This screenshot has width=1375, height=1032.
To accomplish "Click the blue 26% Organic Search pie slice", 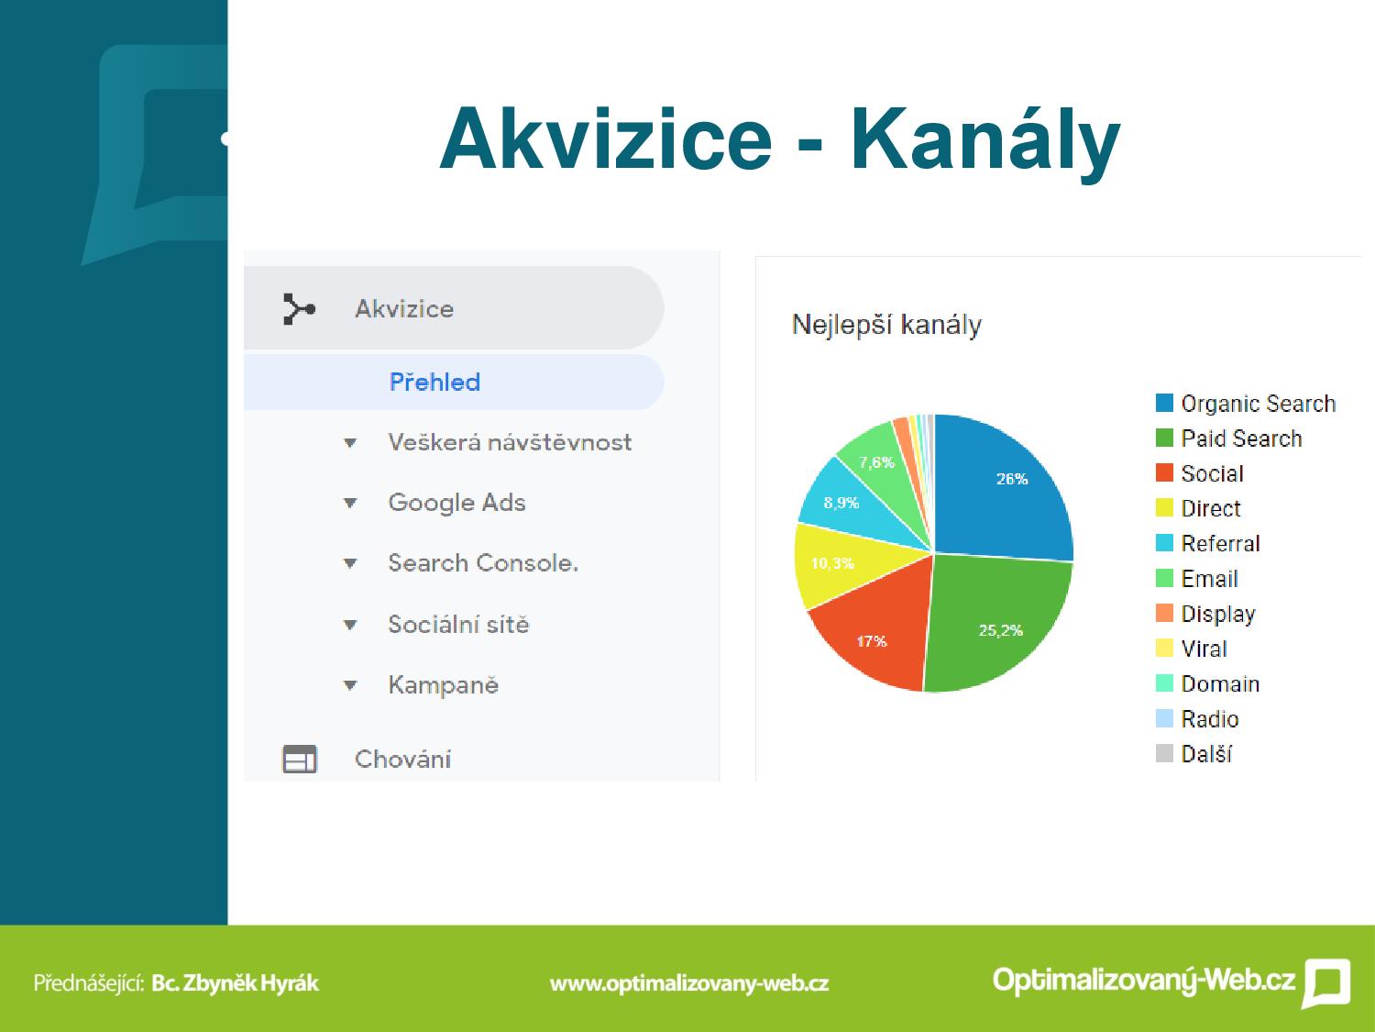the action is coord(1002,489).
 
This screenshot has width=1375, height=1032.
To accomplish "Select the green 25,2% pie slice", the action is coord(996,620).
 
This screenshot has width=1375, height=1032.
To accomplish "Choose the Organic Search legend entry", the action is coord(1246,404).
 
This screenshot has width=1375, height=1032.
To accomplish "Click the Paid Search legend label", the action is coord(1241,438).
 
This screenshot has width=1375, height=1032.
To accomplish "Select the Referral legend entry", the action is coord(1207,543).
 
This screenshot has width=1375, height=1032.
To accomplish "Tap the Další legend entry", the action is coord(1193,754).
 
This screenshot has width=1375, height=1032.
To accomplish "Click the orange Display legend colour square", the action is coord(1164,613).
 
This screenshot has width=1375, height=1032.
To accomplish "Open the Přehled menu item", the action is coord(434,383).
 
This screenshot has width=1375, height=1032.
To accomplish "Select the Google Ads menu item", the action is coord(456,503).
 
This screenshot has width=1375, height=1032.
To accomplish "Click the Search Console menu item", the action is coord(483,562).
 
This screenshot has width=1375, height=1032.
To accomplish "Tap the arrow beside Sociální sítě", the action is coord(350,625).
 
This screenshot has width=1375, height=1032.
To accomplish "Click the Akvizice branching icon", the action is coord(299,309).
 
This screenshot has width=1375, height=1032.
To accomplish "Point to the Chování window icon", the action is coord(300,760).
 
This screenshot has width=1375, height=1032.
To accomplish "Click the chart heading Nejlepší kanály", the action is coord(886,326).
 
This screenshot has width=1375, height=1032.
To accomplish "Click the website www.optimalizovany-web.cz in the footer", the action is coord(689,983).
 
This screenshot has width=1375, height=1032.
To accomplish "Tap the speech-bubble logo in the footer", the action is coord(1326,982).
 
